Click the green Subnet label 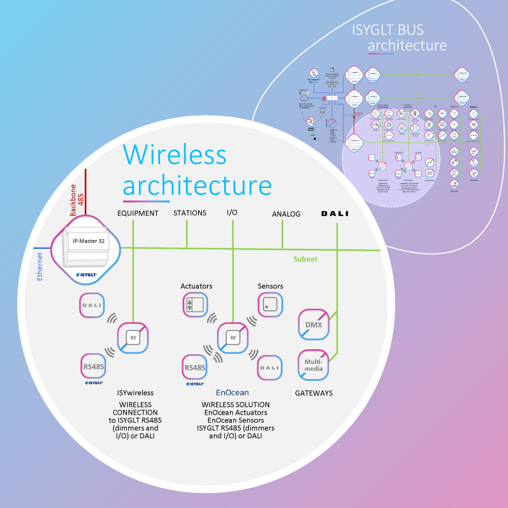305,259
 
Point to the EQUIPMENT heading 138,213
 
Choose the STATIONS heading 190,213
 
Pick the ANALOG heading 286,214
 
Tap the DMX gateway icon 314,326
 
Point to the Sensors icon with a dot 270,305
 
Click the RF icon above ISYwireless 133,338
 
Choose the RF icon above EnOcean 233,338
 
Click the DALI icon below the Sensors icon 270,367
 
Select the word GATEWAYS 314,393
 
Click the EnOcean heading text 232,393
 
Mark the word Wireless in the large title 175,154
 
